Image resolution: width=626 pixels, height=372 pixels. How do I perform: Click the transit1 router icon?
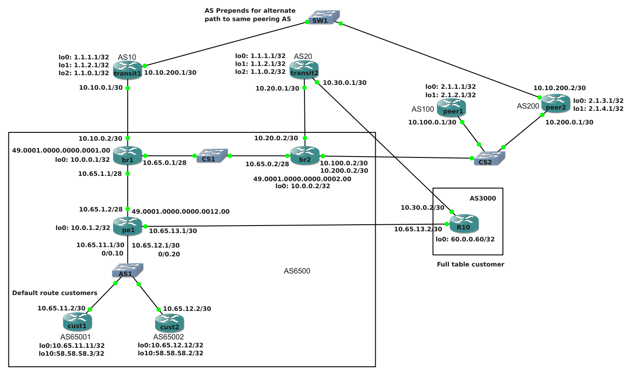tap(128, 70)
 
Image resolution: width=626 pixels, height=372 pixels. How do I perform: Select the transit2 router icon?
tap(304, 70)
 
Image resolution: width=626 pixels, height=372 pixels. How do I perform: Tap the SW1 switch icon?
tap(324, 17)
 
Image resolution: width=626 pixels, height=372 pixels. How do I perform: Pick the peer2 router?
tap(556, 104)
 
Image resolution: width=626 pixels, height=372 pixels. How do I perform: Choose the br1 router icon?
tap(128, 156)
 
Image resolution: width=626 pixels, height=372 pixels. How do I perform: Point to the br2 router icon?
tap(304, 156)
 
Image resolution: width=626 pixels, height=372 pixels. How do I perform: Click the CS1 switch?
tap(212, 156)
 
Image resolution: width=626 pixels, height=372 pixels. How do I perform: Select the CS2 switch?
tap(490, 158)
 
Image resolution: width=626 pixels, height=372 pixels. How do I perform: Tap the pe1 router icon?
tap(128, 226)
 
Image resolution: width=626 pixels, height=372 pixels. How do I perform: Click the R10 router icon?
tap(464, 223)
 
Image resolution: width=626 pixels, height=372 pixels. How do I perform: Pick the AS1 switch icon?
tap(128, 270)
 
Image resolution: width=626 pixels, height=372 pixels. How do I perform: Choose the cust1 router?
tap(77, 322)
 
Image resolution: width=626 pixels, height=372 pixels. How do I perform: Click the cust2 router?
tap(169, 323)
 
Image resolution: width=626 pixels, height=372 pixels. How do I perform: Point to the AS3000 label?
tap(483, 198)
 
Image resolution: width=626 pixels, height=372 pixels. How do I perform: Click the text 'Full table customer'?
tap(471, 264)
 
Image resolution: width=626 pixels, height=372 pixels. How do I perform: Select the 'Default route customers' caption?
tap(55, 293)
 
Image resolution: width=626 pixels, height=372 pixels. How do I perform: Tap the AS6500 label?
tap(297, 271)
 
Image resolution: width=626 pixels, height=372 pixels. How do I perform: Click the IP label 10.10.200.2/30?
tap(560, 88)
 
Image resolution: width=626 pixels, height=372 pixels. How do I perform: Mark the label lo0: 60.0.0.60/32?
tap(465, 239)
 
